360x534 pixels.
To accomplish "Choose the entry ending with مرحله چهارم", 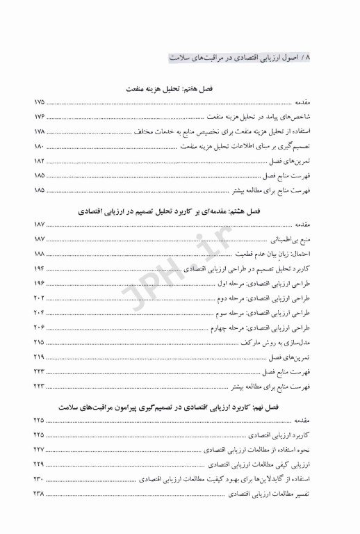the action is pos(270,327).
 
